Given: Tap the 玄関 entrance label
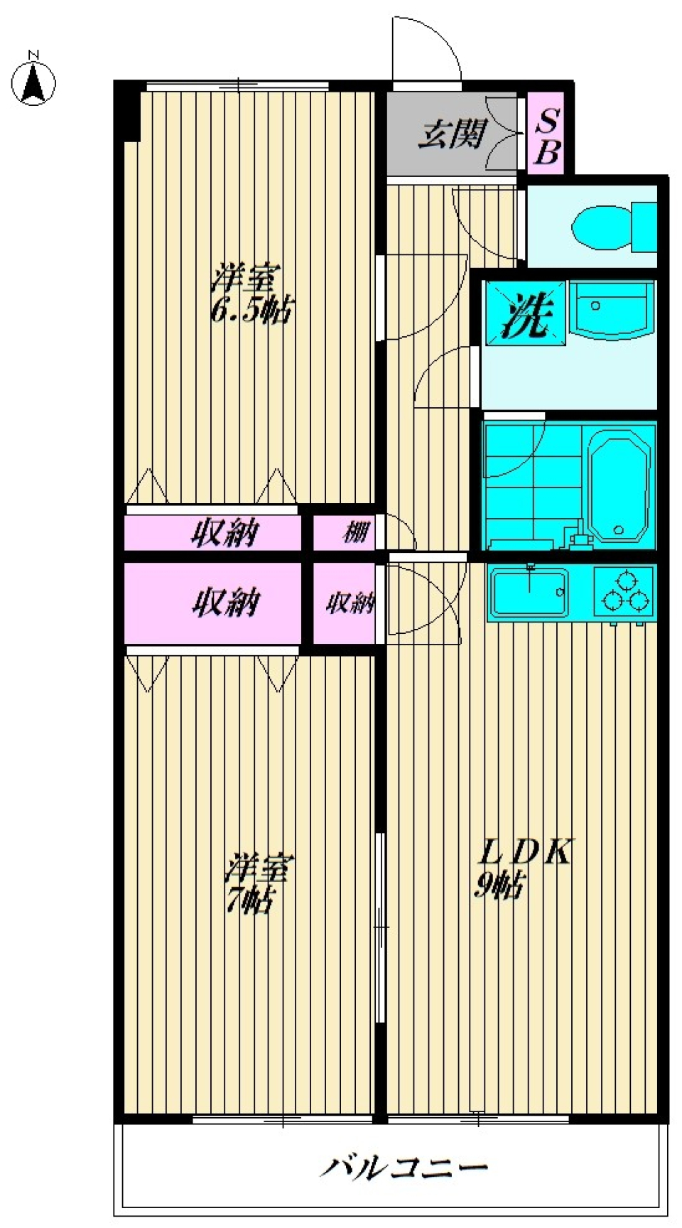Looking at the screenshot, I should click(452, 134).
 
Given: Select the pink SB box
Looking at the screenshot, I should click(546, 134).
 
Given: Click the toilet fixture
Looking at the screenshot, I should click(611, 226).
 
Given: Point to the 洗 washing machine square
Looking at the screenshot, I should click(525, 313).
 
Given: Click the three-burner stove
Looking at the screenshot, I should click(625, 591).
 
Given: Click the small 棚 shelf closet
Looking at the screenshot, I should click(355, 532).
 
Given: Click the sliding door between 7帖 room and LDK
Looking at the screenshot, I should click(381, 927).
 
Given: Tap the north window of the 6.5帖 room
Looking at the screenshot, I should click(238, 85).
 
